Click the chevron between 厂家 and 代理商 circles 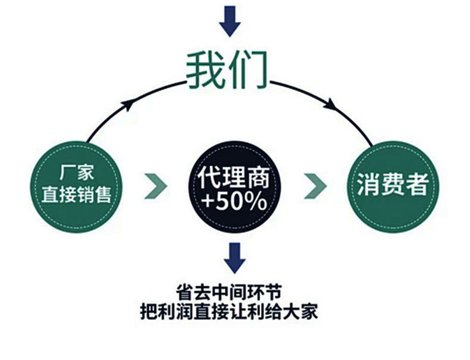pyautogui.click(x=156, y=186)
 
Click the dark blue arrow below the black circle pyautogui.click(x=234, y=256)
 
